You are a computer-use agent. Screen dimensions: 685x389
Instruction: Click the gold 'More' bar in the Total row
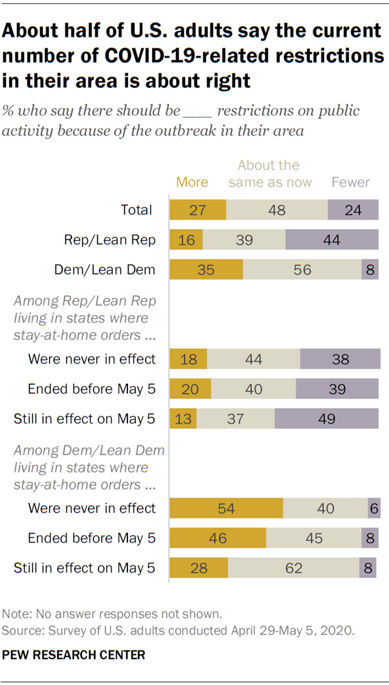click(x=197, y=210)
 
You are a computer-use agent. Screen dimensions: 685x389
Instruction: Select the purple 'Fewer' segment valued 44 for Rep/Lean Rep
click(x=332, y=240)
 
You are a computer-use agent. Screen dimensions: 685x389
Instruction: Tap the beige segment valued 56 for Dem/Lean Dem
click(x=302, y=270)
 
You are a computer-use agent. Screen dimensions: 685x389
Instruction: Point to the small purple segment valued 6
click(x=374, y=509)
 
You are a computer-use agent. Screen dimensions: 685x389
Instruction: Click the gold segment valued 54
click(x=226, y=509)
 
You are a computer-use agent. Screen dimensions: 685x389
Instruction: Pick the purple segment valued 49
click(x=326, y=419)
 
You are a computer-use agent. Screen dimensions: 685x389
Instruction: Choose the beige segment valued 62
click(x=293, y=568)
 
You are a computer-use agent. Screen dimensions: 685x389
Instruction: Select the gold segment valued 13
click(x=183, y=419)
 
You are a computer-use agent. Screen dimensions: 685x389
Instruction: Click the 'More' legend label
click(x=192, y=182)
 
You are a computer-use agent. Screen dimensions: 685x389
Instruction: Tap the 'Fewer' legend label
click(x=350, y=182)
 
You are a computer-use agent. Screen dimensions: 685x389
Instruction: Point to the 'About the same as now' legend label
click(x=269, y=174)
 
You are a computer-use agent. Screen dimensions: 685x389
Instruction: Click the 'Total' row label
click(x=136, y=210)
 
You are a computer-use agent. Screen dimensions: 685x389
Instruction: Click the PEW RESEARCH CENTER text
click(x=73, y=655)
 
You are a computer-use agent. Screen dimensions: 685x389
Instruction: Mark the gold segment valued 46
click(x=218, y=538)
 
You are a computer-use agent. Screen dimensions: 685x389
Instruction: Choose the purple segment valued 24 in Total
click(x=353, y=210)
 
